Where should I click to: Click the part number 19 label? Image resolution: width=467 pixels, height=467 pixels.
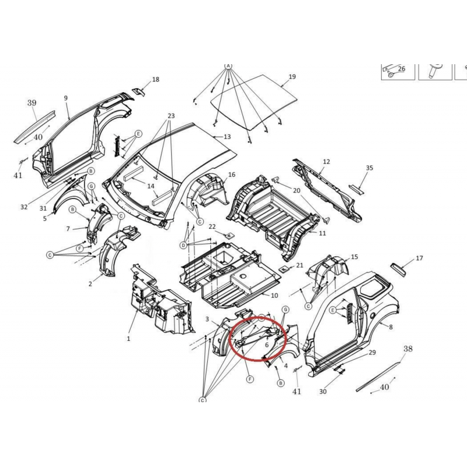click(292, 76)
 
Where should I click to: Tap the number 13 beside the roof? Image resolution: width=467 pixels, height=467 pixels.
click(227, 137)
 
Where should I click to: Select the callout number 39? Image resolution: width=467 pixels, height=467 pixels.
click(32, 103)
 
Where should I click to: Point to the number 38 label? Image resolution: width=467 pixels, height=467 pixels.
click(408, 348)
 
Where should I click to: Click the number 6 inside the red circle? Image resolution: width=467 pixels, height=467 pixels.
click(267, 345)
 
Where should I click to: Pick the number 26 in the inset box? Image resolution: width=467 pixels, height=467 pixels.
click(402, 69)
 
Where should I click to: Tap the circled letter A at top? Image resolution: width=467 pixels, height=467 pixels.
click(228, 65)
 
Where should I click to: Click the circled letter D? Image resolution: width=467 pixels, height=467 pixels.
click(183, 245)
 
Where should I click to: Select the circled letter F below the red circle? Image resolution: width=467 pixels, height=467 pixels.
click(250, 379)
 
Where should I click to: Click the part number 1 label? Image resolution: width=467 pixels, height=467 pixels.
click(128, 339)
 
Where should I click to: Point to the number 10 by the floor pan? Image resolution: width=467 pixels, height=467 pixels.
click(274, 295)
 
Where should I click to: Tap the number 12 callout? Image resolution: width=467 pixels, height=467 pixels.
click(326, 162)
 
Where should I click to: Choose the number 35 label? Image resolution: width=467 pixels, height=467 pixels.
click(370, 168)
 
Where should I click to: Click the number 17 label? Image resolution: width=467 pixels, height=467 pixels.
click(419, 258)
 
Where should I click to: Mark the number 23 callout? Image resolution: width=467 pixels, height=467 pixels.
click(171, 116)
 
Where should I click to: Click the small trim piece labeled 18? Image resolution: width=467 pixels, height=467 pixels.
click(138, 92)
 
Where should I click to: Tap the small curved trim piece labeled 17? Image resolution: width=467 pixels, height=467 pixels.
click(398, 270)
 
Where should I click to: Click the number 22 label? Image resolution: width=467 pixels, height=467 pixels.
click(212, 226)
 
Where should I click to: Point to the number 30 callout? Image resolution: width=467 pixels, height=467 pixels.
click(323, 392)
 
